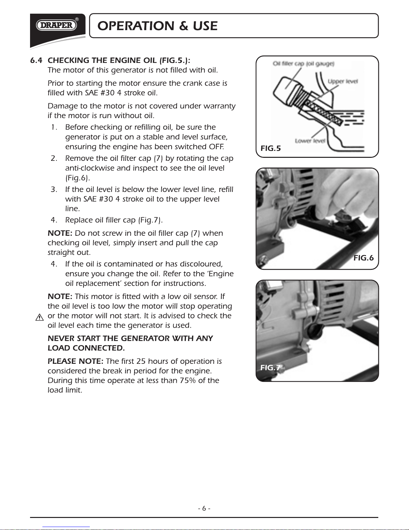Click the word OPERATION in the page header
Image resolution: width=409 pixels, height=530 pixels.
point(136,26)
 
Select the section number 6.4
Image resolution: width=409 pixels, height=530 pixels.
point(36,60)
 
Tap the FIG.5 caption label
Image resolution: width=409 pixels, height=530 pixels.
point(270,148)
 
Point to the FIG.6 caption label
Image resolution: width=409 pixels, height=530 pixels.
point(364,257)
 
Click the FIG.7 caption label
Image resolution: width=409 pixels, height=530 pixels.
point(270,367)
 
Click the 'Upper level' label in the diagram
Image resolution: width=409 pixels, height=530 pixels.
point(343,81)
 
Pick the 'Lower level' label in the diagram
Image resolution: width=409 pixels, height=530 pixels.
point(310,141)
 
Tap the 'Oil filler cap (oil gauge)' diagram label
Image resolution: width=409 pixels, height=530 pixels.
point(303,64)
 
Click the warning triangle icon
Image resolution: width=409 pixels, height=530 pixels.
point(39,317)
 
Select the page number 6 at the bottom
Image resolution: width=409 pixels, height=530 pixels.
point(204,508)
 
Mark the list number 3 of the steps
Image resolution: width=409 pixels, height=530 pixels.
point(54,189)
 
